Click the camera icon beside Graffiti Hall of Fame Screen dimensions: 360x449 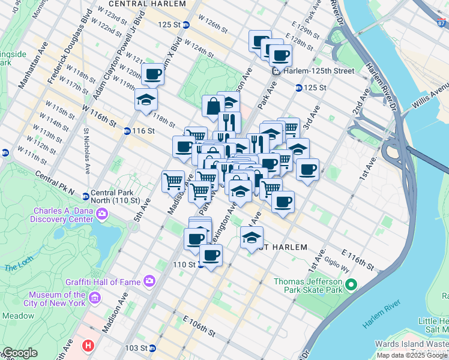pos(148,281)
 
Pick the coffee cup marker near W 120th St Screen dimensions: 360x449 pos(153,74)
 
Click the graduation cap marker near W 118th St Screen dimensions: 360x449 pos(145,100)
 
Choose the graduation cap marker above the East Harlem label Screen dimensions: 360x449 pos(252,237)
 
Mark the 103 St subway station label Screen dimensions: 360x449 pos(136,348)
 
